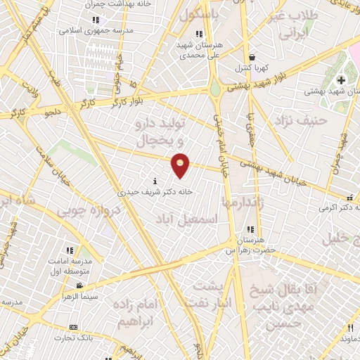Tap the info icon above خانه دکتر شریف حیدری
(x=155, y=181)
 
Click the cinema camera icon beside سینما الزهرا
(x=79, y=285)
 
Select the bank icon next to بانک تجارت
(x=73, y=327)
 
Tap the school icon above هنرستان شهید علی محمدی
(x=199, y=34)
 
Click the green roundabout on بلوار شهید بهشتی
(x=214, y=90)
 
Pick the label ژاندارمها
(x=243, y=202)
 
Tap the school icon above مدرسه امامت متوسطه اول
(x=69, y=250)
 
